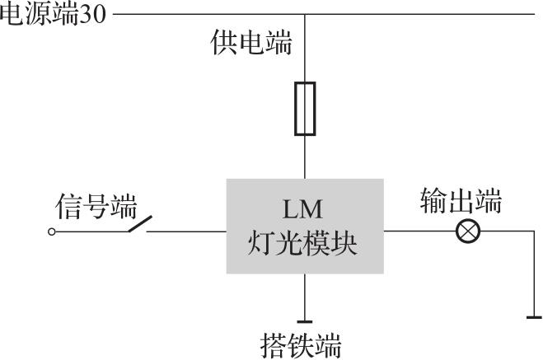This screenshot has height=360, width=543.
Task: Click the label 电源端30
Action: (x=53, y=15)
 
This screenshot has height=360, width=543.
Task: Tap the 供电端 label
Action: (x=251, y=43)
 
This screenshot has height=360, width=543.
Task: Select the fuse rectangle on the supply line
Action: (x=305, y=109)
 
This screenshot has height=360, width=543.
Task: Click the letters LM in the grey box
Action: (x=302, y=209)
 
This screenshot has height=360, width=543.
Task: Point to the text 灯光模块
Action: (x=302, y=243)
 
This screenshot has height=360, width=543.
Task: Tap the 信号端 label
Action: (x=96, y=206)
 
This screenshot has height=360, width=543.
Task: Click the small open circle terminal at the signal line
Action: (x=52, y=231)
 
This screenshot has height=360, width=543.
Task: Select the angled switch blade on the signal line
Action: (x=140, y=223)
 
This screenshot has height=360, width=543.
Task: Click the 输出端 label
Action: (x=461, y=201)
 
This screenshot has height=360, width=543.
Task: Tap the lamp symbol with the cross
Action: (x=468, y=231)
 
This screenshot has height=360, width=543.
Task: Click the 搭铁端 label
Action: (x=301, y=345)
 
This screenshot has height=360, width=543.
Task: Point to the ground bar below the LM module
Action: (x=305, y=322)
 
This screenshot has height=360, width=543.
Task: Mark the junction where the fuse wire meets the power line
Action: (x=305, y=14)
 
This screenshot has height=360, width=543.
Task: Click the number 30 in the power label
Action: (x=93, y=15)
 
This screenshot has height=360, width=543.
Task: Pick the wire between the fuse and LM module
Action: (x=305, y=157)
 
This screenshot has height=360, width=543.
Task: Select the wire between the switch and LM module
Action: (x=186, y=231)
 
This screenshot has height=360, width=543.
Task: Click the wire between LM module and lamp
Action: (x=419, y=231)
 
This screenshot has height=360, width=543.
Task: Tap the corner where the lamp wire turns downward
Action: (x=534, y=231)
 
